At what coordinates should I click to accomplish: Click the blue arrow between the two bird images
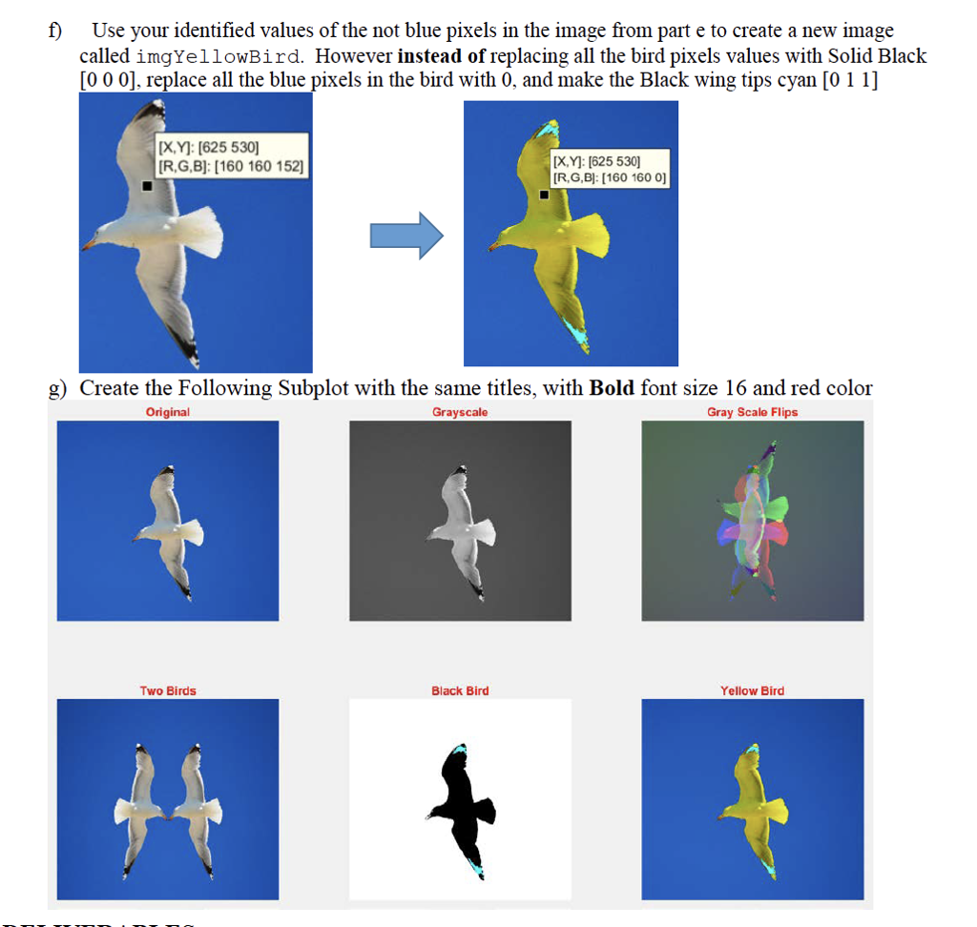tap(405, 236)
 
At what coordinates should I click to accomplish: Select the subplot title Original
tap(167, 412)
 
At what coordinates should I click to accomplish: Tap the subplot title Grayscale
tap(460, 412)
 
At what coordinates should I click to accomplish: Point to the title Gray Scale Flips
tap(752, 412)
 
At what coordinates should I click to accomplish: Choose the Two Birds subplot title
tap(168, 690)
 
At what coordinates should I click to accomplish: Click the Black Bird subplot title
tap(460, 690)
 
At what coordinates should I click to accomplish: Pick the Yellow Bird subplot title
tap(752, 690)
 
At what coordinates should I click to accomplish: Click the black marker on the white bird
tap(146, 186)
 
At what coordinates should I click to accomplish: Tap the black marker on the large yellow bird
tap(543, 195)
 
